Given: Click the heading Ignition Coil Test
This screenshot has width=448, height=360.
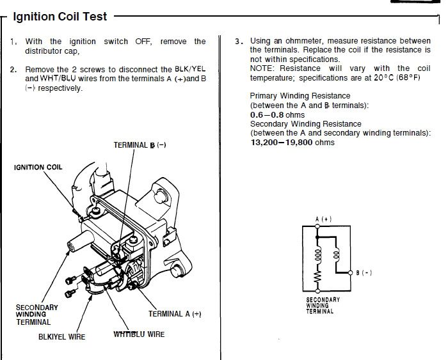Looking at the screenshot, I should coord(60,17).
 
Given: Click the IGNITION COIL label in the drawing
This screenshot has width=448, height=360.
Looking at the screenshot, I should coord(38,168).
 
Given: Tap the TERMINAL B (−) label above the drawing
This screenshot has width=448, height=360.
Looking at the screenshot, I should coord(140,145).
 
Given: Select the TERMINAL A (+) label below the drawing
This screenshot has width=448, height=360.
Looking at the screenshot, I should coord(175,314).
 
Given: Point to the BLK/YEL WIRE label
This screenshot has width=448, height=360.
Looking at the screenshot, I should coord(61,336).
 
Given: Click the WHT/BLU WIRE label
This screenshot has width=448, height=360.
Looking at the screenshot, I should coord(139,334).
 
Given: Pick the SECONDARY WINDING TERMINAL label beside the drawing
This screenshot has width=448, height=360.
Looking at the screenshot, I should coord(36,315).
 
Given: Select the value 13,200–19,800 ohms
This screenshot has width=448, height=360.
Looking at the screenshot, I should coord(292,143).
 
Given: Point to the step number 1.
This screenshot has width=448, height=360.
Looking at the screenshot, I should coord(13,42).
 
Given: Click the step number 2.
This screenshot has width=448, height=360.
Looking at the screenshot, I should coord(13,69).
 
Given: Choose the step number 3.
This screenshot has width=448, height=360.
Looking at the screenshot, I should coord(239,41).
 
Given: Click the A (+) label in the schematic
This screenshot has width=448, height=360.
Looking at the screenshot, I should coord(324,219).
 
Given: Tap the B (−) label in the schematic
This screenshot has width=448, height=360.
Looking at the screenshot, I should coord(364,273).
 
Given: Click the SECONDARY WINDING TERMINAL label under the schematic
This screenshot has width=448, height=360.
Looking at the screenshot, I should coord(323,306).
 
